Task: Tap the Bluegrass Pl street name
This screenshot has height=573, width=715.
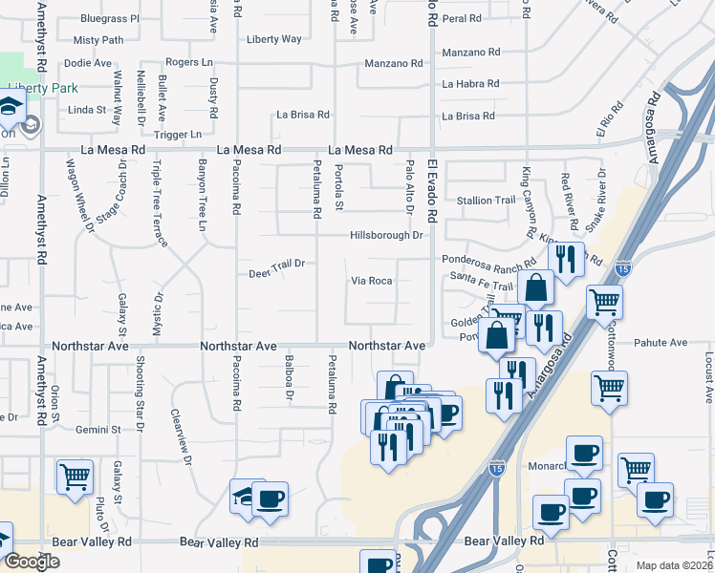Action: click(110, 18)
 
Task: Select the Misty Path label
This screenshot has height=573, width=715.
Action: click(98, 40)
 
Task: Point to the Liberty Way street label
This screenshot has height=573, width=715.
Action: click(273, 39)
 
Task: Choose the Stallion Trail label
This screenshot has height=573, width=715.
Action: click(487, 201)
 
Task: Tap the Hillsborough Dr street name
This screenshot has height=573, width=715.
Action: click(385, 235)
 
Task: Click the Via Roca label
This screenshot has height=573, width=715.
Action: click(372, 281)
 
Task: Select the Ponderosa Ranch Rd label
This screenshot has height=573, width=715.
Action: click(488, 261)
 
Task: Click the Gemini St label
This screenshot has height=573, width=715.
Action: click(100, 430)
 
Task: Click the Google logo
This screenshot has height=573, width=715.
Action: click(32, 562)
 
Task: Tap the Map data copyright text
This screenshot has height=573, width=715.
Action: click(674, 565)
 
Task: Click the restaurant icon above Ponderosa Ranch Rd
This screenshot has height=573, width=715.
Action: click(566, 257)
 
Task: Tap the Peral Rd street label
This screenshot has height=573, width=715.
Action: click(461, 18)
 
